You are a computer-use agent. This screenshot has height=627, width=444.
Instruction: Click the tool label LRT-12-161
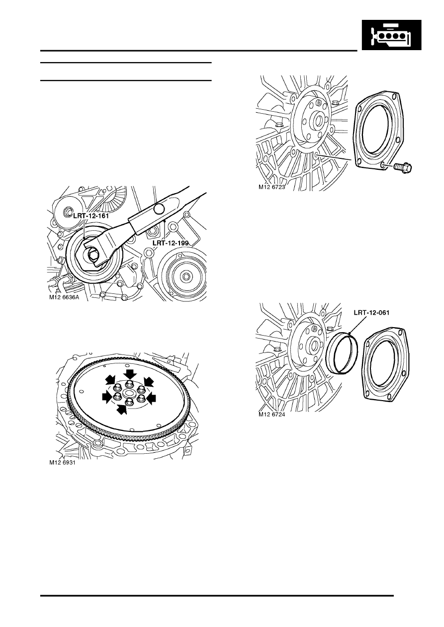(91, 216)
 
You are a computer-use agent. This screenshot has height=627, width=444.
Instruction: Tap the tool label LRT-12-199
(171, 243)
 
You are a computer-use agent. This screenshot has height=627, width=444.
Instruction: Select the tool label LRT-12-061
(371, 312)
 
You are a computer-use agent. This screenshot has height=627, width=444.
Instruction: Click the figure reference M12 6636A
(65, 297)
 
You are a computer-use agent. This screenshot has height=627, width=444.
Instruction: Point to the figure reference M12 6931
(63, 463)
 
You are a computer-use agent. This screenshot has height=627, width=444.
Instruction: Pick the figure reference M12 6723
(271, 187)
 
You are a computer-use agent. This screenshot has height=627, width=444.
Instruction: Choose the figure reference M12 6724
(271, 415)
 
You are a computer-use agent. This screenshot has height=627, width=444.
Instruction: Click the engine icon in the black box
(391, 35)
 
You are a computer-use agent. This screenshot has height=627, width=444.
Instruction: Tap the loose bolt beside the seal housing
(404, 168)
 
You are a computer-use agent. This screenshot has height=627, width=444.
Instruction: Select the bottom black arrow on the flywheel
(122, 409)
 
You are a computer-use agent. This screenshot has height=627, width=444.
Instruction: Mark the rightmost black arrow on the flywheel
(151, 398)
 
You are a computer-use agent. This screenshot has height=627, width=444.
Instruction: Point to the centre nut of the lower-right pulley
(186, 277)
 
